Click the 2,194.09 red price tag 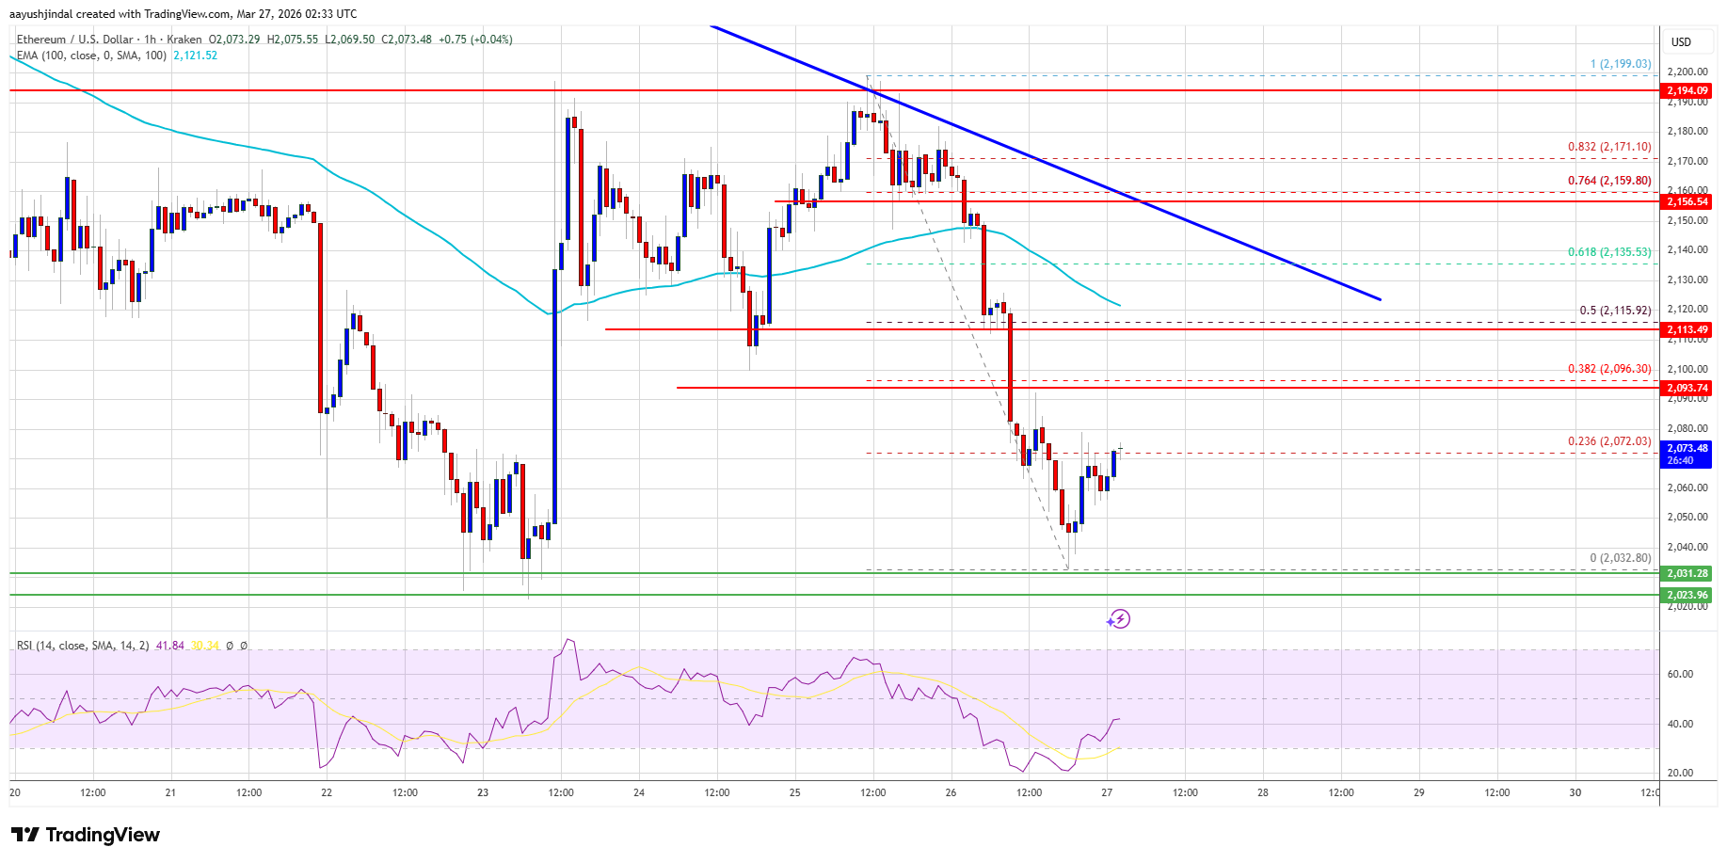[x=1687, y=90]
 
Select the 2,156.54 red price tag [x=1687, y=201]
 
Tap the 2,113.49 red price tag [x=1687, y=329]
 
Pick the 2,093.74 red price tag [x=1687, y=388]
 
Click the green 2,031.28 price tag [x=1687, y=573]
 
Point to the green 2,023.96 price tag [x=1687, y=595]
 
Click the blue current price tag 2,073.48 [x=1687, y=454]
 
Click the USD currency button [x=1681, y=41]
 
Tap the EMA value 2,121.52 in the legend [x=195, y=56]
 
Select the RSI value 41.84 [x=169, y=646]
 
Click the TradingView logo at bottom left [x=86, y=835]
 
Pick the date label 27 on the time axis [x=1107, y=792]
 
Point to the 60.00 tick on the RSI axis [x=1680, y=674]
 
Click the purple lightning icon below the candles [x=1118, y=619]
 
